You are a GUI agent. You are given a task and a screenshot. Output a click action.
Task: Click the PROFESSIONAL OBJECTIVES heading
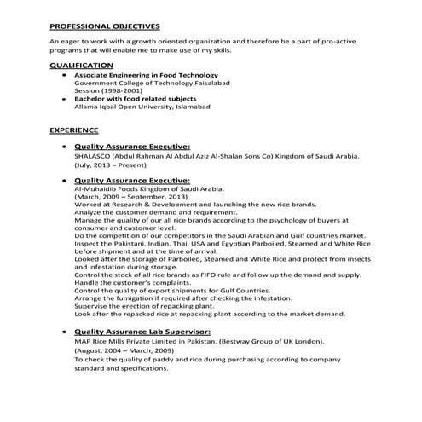click(x=104, y=26)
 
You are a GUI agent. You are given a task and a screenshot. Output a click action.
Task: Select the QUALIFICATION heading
click(x=81, y=65)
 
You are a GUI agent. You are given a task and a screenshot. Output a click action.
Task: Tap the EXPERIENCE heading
click(x=74, y=130)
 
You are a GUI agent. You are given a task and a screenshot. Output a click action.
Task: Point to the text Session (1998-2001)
click(x=107, y=90)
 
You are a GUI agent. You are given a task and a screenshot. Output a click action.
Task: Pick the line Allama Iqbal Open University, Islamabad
click(x=142, y=107)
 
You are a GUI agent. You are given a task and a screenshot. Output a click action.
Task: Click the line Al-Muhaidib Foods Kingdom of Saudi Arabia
click(x=149, y=188)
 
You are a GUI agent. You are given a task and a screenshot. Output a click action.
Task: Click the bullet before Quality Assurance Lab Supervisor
click(x=65, y=331)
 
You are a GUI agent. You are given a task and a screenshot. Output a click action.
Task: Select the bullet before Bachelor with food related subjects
click(x=65, y=99)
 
